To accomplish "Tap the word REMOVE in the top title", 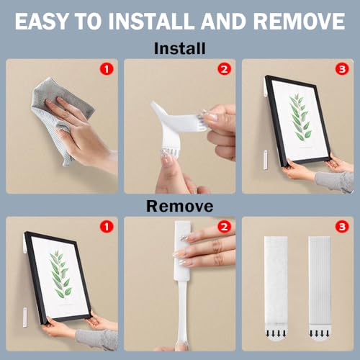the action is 299,21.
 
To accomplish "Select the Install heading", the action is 180,48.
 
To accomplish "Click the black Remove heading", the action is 180,206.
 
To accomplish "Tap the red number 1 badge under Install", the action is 107,69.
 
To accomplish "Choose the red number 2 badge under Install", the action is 224,69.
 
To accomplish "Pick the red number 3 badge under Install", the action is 342,69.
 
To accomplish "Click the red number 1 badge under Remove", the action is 107,227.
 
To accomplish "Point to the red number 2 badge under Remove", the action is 224,227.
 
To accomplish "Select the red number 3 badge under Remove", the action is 342,227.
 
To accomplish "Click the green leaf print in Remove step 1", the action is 60,275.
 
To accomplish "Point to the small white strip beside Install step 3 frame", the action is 265,160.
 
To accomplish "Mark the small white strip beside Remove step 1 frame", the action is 25,317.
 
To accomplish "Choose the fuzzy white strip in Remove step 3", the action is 276,288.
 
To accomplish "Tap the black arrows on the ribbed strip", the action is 320,333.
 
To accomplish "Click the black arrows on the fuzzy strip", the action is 276,333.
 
